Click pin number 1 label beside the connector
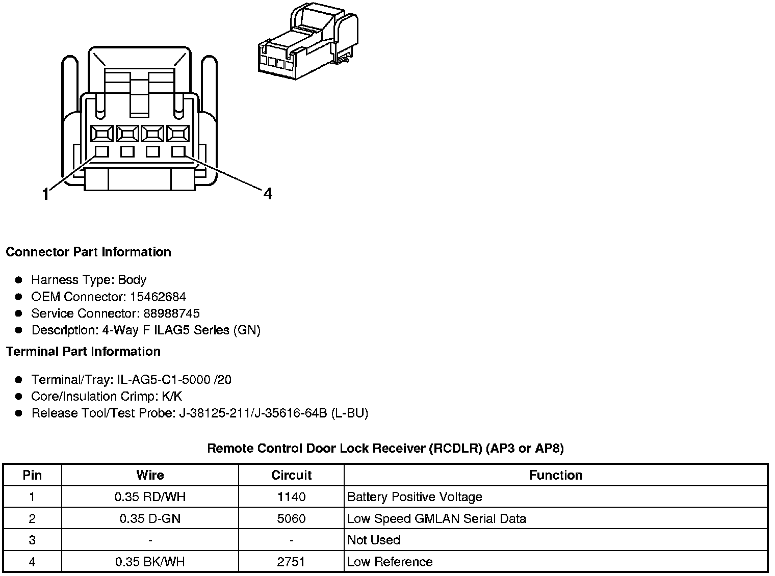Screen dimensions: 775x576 46,194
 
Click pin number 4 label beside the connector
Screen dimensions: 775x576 268,194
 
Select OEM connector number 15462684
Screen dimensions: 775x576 158,297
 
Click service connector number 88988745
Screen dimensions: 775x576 172,313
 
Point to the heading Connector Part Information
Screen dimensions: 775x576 88,252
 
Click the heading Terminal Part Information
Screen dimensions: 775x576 83,352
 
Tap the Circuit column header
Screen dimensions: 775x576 291,475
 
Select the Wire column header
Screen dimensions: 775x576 150,475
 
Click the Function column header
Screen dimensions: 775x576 555,475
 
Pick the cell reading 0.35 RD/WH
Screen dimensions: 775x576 150,497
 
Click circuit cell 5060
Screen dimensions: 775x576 291,519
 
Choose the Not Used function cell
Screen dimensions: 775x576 374,540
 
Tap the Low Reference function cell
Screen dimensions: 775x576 390,562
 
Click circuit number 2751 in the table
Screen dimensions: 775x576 291,562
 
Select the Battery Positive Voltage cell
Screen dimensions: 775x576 415,497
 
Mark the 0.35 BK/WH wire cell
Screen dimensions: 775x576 150,562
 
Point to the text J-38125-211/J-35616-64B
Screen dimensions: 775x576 252,413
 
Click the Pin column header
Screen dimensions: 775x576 32,475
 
